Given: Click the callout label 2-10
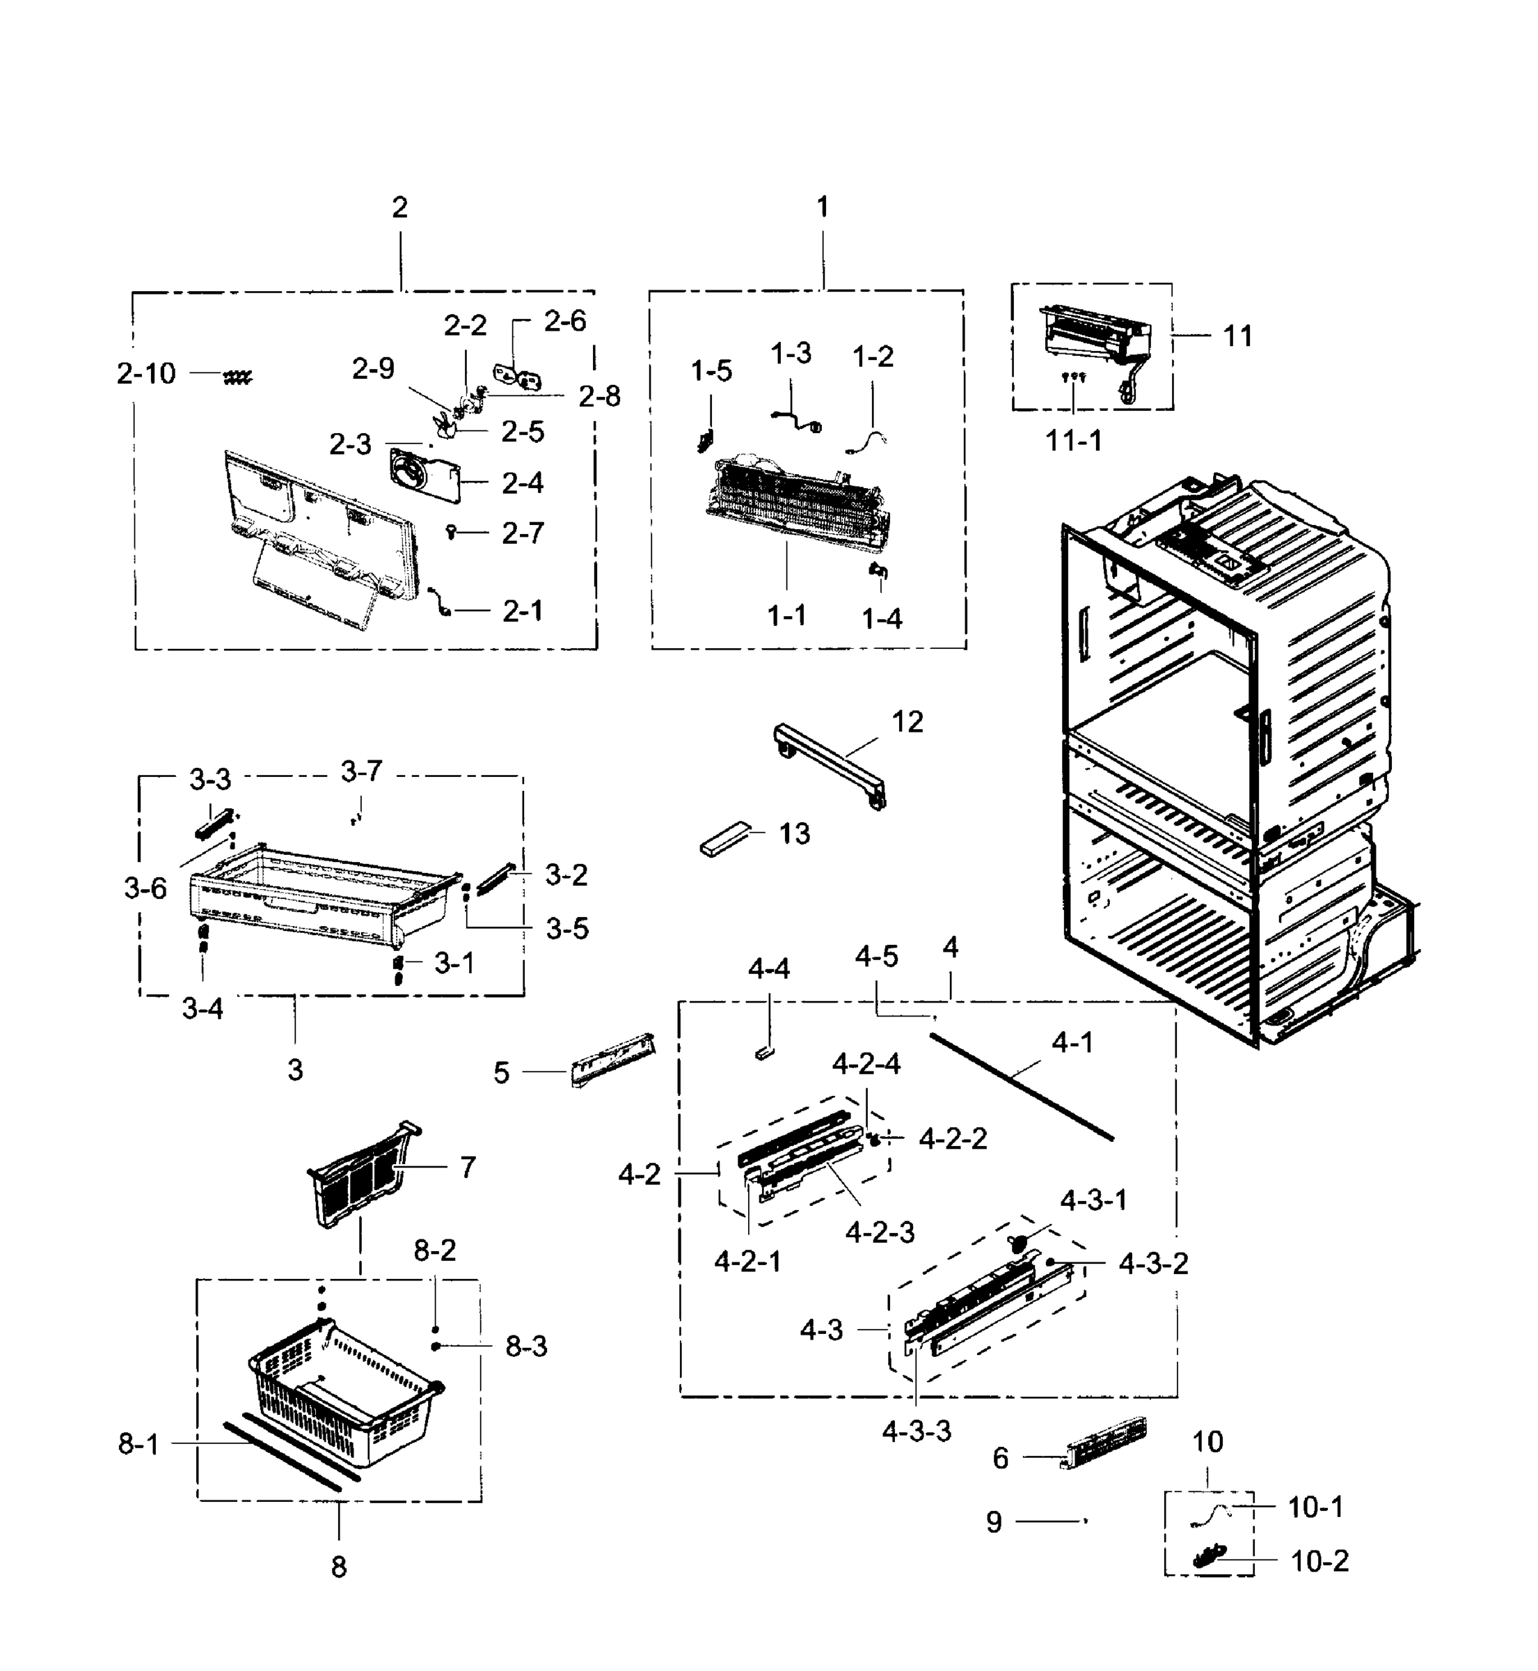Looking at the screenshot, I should pyautogui.click(x=146, y=374).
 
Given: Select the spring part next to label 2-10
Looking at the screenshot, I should pyautogui.click(x=237, y=379).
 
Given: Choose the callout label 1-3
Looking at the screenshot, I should pyautogui.click(x=790, y=353).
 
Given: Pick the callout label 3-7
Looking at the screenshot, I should pyautogui.click(x=361, y=772).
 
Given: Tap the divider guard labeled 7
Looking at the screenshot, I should pyautogui.click(x=362, y=1174).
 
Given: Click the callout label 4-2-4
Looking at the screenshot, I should pyautogui.click(x=866, y=1065).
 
